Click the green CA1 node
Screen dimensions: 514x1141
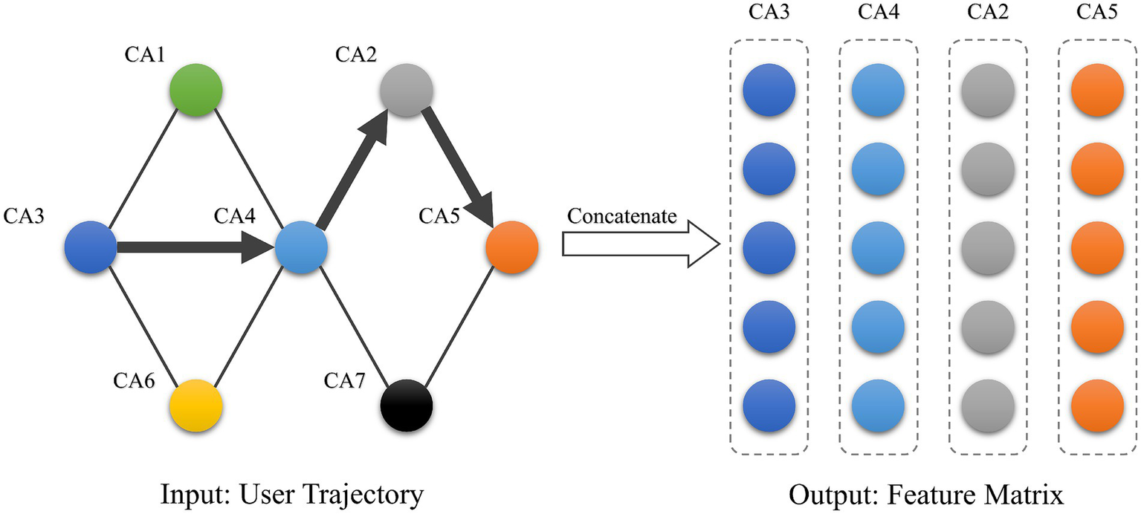195,91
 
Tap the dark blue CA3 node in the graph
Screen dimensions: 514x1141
91,247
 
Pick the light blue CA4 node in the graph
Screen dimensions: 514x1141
302,247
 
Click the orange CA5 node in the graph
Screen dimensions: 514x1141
511,247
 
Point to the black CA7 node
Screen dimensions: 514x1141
407,406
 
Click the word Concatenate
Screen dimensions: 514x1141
622,216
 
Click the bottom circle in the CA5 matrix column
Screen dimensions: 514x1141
1098,406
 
